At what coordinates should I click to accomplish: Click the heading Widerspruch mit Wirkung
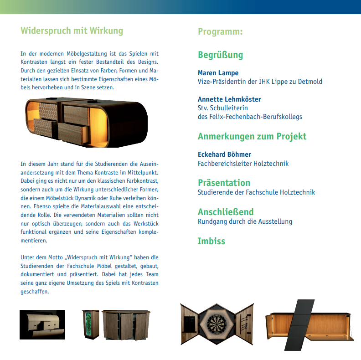[72, 31]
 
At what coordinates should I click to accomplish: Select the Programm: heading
[220, 31]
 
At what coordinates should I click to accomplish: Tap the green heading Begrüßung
[220, 55]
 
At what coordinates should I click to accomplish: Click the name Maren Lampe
[218, 73]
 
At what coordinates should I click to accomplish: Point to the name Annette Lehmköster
[229, 99]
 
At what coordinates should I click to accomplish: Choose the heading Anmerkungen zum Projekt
[252, 136]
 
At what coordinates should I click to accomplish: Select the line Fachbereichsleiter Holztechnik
[243, 163]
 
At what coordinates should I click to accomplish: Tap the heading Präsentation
[224, 183]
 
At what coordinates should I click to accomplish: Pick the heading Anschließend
[226, 212]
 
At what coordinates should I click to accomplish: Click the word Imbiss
[211, 241]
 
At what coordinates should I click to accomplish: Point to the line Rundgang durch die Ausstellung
[245, 221]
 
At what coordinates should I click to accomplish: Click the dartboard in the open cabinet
[217, 324]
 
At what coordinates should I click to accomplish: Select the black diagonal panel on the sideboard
[302, 325]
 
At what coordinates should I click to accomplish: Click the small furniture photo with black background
[42, 324]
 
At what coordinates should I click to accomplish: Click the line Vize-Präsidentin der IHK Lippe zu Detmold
[260, 82]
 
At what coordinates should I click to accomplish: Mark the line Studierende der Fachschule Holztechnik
[256, 192]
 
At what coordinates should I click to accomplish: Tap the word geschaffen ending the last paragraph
[35, 292]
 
